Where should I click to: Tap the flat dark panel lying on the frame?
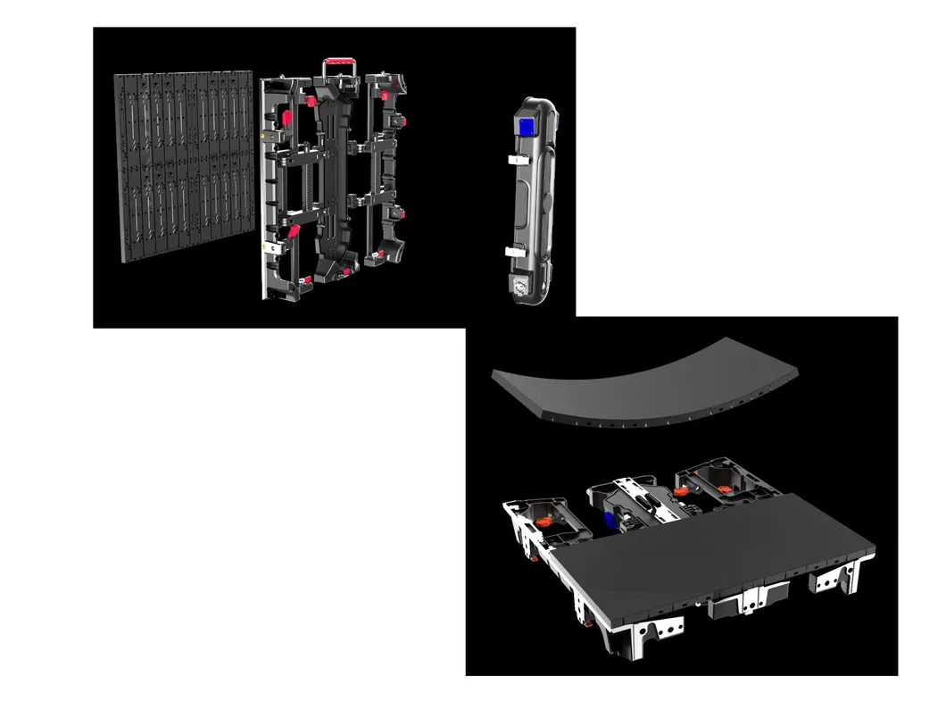[x=705, y=545]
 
